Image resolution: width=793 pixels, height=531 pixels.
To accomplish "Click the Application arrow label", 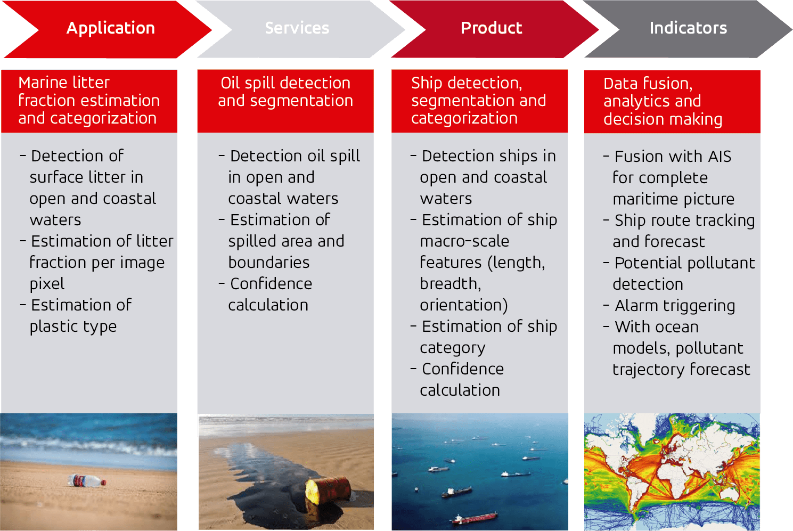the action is click(x=110, y=28).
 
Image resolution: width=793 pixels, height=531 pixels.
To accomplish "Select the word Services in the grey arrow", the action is click(x=297, y=28).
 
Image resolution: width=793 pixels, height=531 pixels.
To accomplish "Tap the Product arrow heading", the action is click(x=492, y=28).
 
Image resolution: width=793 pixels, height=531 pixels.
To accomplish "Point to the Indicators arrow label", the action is click(x=688, y=28).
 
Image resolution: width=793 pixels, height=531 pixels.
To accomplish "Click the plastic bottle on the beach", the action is click(x=87, y=481).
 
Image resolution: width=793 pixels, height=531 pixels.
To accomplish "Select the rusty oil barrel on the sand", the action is click(x=328, y=491).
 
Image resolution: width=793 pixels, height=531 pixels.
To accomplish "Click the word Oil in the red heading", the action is click(x=231, y=83).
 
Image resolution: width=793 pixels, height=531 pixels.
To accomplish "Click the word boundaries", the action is click(x=269, y=263).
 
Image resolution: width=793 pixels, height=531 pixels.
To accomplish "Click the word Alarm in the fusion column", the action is click(x=636, y=306).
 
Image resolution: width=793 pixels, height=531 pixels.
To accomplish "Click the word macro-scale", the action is click(x=464, y=241).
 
